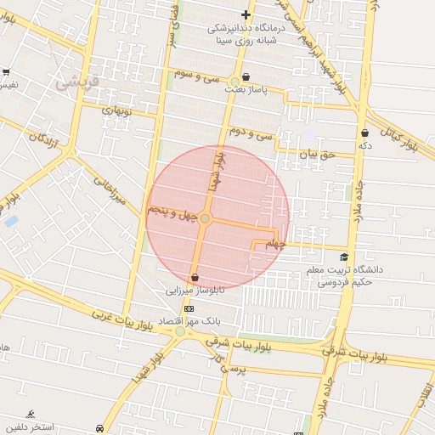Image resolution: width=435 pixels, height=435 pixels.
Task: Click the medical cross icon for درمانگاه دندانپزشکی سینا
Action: click(246, 14)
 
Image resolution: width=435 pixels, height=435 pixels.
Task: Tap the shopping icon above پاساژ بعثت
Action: click(246, 77)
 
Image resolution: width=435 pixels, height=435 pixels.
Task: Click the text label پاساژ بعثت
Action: click(246, 88)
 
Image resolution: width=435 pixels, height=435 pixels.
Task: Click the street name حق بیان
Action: click(318, 154)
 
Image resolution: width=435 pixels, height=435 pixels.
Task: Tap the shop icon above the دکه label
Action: click(365, 133)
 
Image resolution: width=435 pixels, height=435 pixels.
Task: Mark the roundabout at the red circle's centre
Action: click(205, 219)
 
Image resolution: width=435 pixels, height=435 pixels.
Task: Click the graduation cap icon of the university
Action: click(343, 257)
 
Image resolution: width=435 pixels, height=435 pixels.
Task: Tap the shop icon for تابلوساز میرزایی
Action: click(195, 277)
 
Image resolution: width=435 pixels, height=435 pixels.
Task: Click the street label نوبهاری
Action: click(119, 110)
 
